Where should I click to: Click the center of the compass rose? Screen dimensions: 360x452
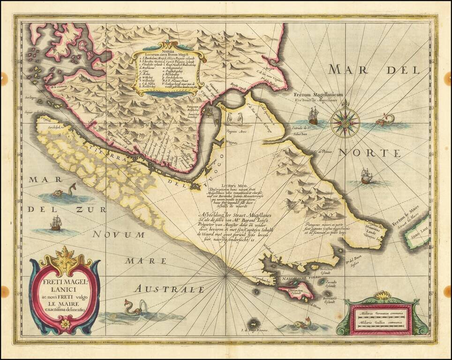click(345, 123)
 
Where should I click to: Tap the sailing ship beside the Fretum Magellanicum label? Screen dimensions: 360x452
click(313, 116)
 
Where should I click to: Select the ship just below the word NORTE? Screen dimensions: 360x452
click(366, 176)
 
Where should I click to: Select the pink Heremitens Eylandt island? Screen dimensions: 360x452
click(297, 294)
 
